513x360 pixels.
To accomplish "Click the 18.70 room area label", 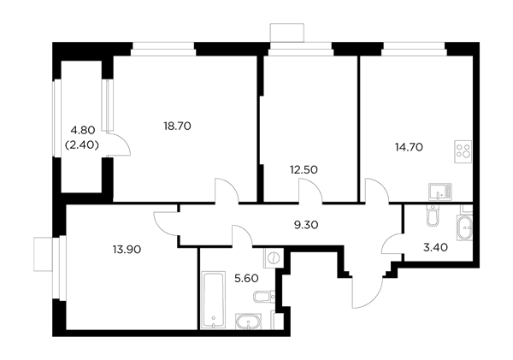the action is coord(177,126).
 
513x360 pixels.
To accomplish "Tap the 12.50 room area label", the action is coord(304,170).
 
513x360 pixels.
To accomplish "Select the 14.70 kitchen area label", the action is coord(409,147).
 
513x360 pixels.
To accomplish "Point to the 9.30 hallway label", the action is coord(306,225).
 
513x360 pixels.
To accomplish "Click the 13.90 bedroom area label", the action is coord(127,250).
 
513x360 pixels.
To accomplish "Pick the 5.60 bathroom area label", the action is coord(247,279).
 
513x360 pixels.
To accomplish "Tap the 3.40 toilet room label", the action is coord(435,247).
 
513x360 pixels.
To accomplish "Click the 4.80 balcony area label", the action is coord(83,130).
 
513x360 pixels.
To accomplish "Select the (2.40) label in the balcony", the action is coord(82,145).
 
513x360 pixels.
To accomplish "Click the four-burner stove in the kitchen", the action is coord(463,151).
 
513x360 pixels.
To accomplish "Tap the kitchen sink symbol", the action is coord(440,192).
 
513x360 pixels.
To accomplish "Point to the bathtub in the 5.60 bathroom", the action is coord(213,299).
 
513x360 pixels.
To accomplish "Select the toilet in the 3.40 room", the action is coord(432,215).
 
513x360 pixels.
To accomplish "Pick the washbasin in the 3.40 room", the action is coord(464,228).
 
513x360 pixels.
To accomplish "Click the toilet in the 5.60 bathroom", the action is coord(264,297).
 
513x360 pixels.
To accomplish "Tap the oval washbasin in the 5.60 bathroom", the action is coord(248,322).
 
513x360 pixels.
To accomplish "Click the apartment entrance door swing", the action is coord(368,292).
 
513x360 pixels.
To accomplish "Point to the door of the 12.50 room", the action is coord(311,192).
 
